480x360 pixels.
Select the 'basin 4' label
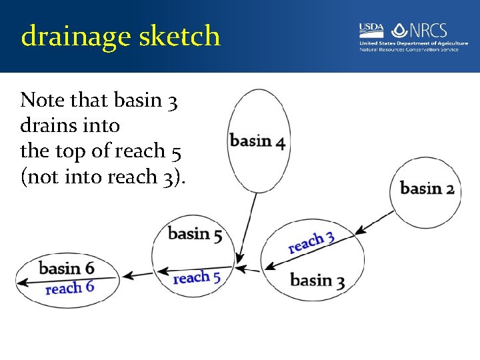point(258,142)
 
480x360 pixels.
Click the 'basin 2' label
point(427,188)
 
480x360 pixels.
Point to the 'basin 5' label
point(195,234)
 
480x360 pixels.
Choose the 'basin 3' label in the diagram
point(317,280)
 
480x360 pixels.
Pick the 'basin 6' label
point(67,268)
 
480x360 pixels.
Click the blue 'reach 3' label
point(311,242)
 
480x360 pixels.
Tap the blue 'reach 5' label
point(197,277)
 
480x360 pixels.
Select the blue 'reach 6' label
point(69,288)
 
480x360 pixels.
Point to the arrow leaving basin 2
point(375,221)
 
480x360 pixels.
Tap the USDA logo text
point(371,28)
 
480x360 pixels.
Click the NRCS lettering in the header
point(429,30)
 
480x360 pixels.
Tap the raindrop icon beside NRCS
point(399,30)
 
